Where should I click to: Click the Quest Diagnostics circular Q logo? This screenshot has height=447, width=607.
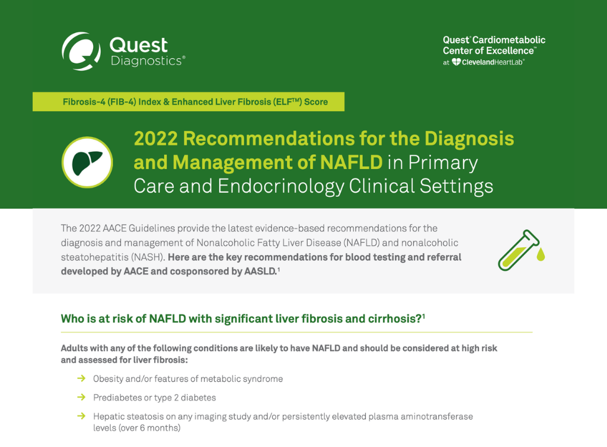click(81, 51)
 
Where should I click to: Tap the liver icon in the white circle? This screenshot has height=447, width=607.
click(87, 162)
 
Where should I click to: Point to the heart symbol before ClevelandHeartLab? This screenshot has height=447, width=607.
click(456, 62)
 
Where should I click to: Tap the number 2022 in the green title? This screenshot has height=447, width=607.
click(156, 139)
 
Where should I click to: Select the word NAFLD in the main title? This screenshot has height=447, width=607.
click(351, 162)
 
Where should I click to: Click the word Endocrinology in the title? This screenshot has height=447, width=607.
click(280, 186)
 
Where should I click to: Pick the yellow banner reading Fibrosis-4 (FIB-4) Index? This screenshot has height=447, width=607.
click(189, 102)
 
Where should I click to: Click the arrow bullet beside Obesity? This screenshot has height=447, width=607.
click(81, 378)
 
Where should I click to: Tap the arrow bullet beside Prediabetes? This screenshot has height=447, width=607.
click(81, 397)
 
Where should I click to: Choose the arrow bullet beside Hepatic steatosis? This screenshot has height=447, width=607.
click(81, 416)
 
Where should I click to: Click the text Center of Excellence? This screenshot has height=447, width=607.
click(488, 51)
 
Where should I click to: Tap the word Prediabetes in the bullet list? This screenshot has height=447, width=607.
click(117, 397)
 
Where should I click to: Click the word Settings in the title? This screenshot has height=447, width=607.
click(456, 186)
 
